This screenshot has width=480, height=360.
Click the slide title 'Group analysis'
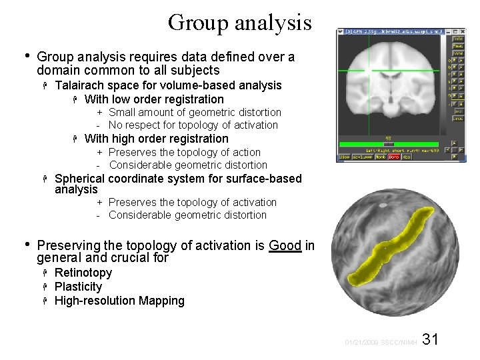[239, 22]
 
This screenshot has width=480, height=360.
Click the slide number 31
[431, 339]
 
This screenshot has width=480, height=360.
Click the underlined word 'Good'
[285, 245]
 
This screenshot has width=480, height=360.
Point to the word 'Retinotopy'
[83, 273]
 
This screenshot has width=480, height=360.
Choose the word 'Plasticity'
[79, 287]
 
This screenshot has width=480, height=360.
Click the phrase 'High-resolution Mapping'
[119, 301]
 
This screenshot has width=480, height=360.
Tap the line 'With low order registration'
[145, 99]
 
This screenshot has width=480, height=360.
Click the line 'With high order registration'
[156, 139]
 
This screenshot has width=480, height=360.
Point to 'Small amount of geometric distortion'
[195, 112]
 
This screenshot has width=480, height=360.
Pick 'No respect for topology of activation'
[193, 125]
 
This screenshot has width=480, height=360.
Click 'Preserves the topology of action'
[185, 152]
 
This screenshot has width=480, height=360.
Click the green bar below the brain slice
[392, 144]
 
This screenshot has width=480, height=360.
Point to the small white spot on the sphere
[382, 206]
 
